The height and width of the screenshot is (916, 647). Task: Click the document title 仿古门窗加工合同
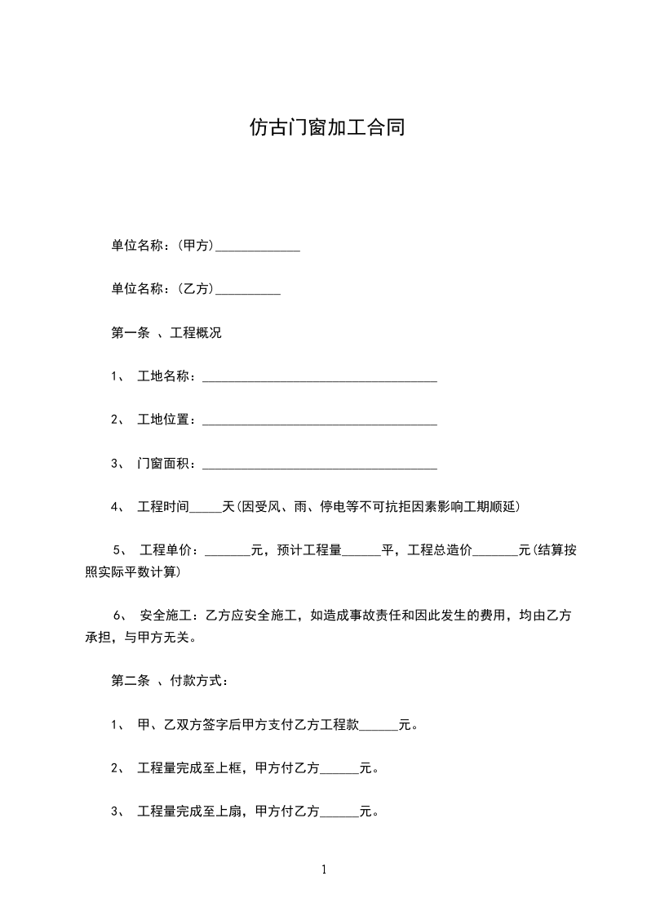326,128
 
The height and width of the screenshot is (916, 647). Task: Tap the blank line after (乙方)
247,290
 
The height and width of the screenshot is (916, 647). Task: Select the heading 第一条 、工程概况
166,333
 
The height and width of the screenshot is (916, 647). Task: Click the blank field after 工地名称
319,378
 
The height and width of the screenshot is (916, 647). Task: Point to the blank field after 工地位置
319,421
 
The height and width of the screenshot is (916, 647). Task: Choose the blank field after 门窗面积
319,465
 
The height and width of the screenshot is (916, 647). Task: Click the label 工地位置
164,420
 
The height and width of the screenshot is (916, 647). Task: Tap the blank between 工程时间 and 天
206,509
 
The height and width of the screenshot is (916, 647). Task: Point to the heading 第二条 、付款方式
170,681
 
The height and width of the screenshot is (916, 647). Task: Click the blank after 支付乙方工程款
379,727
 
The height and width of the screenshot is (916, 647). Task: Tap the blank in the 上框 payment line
340,770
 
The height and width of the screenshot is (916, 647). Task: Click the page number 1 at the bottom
324,869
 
